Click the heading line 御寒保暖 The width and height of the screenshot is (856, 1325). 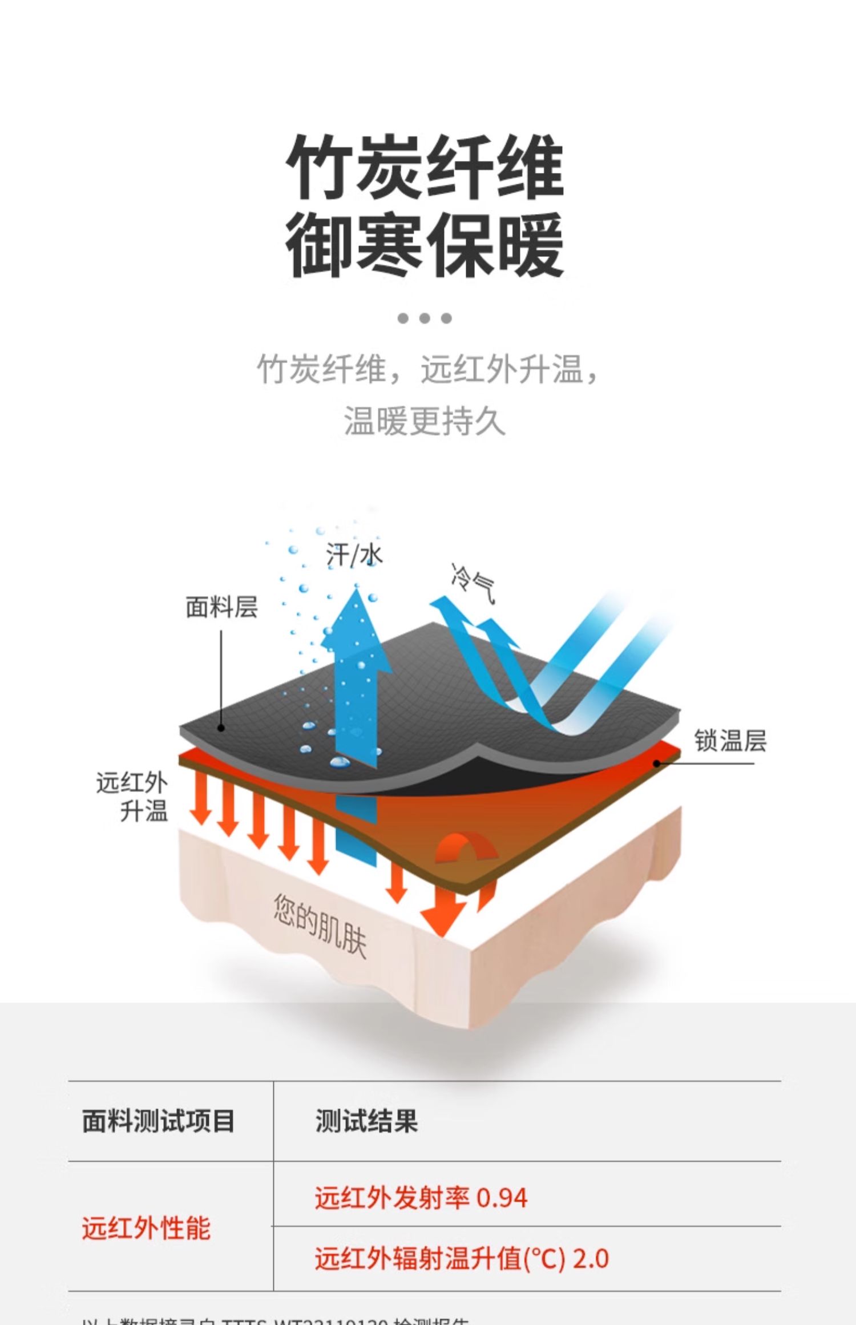[425, 245]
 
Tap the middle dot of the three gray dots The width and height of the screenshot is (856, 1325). [425, 318]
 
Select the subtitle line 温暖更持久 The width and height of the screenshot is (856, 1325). [425, 421]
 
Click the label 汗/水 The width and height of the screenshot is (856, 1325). [354, 555]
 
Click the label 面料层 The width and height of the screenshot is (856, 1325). [221, 607]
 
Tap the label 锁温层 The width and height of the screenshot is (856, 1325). [730, 741]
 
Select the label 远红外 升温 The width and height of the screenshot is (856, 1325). [132, 796]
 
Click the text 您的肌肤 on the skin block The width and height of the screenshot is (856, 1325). [320, 925]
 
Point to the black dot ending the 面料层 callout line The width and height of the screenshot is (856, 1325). [221, 728]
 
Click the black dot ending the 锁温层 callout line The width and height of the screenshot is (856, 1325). [657, 763]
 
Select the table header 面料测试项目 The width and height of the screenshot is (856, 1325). [158, 1121]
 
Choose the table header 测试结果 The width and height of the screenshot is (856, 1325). [366, 1121]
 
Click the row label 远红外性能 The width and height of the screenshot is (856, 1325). [146, 1228]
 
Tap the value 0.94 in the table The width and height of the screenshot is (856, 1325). [502, 1198]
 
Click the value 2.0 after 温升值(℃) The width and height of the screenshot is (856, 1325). [591, 1258]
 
